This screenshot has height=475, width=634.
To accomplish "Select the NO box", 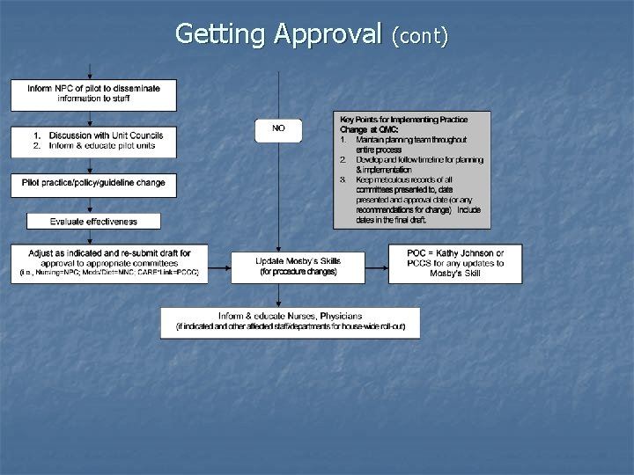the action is (x=278, y=129).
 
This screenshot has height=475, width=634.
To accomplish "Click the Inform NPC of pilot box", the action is (x=92, y=94).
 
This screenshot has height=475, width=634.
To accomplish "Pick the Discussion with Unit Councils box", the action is (x=92, y=141).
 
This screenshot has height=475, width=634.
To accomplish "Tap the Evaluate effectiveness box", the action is (x=94, y=221).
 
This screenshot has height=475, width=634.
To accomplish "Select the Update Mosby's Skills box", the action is (x=298, y=265).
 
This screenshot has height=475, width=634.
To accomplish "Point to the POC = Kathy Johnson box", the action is (x=454, y=262).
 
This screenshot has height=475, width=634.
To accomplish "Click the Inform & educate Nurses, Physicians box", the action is (x=290, y=321).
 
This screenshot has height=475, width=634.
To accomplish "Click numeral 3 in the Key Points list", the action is (x=341, y=180).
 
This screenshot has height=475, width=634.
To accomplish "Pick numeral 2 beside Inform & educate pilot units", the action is (x=36, y=146).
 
